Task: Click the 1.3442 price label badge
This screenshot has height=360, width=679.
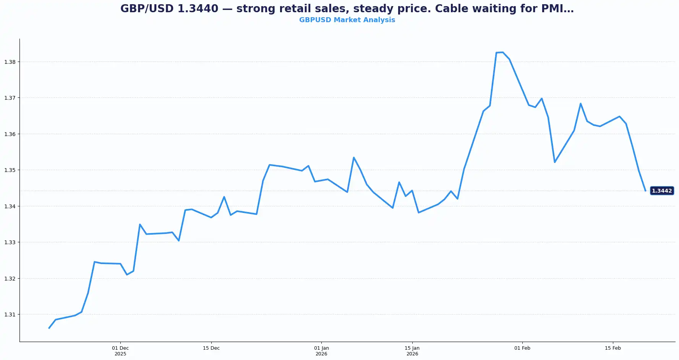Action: (662, 191)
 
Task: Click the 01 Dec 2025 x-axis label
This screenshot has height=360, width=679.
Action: (120, 351)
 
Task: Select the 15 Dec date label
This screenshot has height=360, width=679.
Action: (211, 348)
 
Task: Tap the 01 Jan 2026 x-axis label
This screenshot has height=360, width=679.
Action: (321, 351)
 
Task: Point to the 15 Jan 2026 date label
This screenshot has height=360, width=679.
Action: (412, 351)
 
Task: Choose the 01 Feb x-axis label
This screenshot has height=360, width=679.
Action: (522, 348)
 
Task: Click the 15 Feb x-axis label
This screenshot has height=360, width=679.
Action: (613, 348)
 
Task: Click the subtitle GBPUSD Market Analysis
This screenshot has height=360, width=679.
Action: (347, 20)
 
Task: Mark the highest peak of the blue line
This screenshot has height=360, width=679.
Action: (502, 52)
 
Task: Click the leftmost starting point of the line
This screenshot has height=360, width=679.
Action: (49, 328)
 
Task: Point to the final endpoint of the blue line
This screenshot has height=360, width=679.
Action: (645, 191)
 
